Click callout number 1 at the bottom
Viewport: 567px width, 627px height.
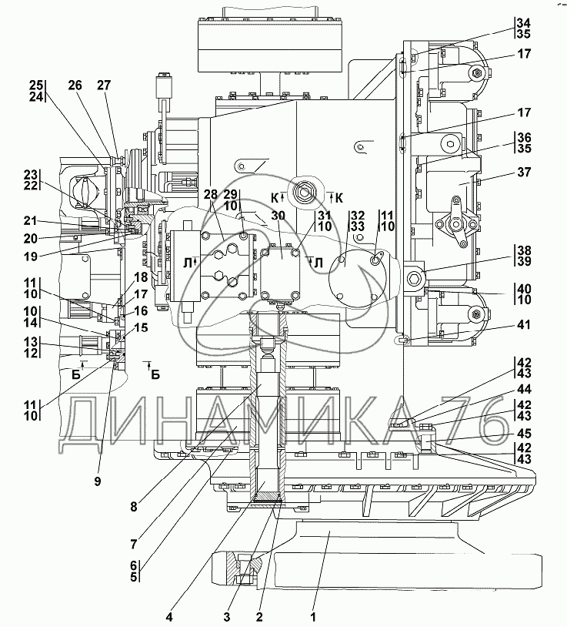[x=313, y=616]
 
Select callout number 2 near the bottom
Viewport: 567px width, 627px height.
[x=261, y=616]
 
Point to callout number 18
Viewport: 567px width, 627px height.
[x=141, y=277]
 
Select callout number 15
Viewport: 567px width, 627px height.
[x=141, y=327]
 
